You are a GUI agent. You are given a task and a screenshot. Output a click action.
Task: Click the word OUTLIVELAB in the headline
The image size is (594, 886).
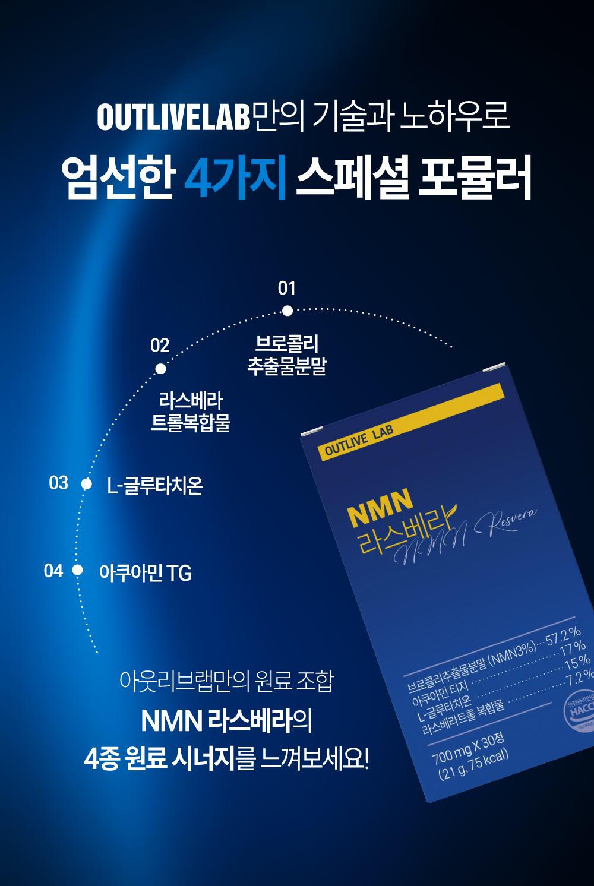(173, 117)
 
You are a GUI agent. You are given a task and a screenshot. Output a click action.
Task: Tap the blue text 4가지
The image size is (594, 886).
(236, 176)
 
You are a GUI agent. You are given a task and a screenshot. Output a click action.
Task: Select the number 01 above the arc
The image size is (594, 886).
(287, 289)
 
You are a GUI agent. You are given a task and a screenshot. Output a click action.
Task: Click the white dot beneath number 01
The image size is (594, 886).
(287, 311)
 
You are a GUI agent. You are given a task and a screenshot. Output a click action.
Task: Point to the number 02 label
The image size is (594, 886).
(160, 346)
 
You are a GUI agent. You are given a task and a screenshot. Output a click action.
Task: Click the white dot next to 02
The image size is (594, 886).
(160, 369)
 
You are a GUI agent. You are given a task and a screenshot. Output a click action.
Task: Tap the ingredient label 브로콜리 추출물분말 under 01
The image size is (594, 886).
(287, 355)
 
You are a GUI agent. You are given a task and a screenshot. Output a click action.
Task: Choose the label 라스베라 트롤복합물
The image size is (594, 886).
(191, 412)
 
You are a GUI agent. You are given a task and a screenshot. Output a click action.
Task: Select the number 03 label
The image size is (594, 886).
(59, 483)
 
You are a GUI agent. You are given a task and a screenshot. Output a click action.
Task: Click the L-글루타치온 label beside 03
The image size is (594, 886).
(155, 486)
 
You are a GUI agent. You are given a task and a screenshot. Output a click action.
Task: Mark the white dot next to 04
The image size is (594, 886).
(77, 570)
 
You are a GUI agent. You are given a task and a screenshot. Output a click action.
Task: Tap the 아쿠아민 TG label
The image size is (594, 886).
(146, 573)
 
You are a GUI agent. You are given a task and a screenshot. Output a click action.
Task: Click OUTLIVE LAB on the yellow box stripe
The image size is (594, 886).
(359, 441)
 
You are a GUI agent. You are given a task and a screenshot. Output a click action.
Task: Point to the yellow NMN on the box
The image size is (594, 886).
(380, 508)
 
